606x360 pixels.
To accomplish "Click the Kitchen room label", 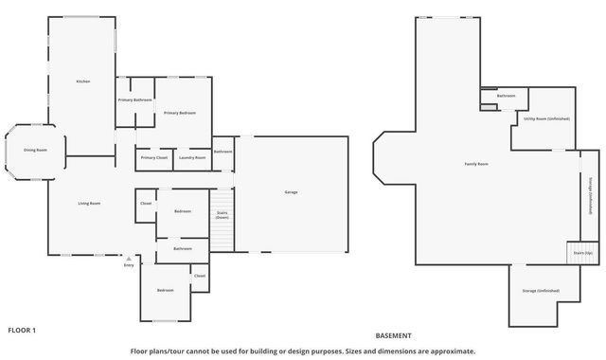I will click(x=83, y=81).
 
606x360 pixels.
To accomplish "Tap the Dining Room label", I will click(x=36, y=150).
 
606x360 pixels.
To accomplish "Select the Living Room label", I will click(x=89, y=203).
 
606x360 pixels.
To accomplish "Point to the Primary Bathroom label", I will click(x=135, y=99).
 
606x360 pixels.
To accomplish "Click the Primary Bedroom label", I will click(x=179, y=113).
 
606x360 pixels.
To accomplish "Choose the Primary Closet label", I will click(x=154, y=157).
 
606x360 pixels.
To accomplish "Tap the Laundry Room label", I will click(x=192, y=157).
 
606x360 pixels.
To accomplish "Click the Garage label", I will click(x=291, y=192).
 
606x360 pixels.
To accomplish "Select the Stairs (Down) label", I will click(x=222, y=215).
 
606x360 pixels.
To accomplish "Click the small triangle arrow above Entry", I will click(x=129, y=257).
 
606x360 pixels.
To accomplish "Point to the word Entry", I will click(x=129, y=265).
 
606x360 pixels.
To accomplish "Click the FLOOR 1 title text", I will click(x=22, y=330).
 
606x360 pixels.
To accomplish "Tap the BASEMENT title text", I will click(x=393, y=335).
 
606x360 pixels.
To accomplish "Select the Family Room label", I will click(x=475, y=164).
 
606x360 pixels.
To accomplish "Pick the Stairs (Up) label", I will click(x=582, y=253).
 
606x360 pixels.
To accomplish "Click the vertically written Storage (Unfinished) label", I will click(x=592, y=197).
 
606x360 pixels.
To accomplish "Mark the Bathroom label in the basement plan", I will click(x=506, y=96).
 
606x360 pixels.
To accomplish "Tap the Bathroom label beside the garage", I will click(x=223, y=152).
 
